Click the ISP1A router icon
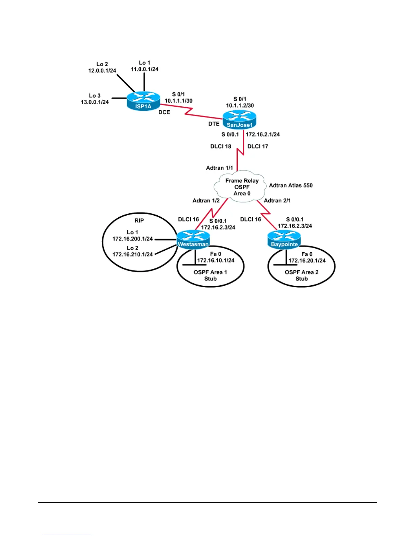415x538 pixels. pyautogui.click(x=143, y=101)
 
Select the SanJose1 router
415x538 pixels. pyautogui.click(x=239, y=120)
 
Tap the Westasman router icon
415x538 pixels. pyautogui.click(x=193, y=239)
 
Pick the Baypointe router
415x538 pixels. pyautogui.click(x=284, y=239)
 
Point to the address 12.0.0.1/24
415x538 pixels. pyautogui.click(x=102, y=71)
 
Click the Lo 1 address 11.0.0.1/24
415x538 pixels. pyautogui.click(x=145, y=69)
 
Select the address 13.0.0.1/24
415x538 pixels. pyautogui.click(x=95, y=102)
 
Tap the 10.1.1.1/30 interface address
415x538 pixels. pyautogui.click(x=178, y=101)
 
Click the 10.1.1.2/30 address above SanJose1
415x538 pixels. pyautogui.click(x=240, y=105)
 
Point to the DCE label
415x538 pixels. pyautogui.click(x=164, y=112)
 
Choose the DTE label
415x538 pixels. pyautogui.click(x=214, y=124)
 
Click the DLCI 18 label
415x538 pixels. pyautogui.click(x=221, y=146)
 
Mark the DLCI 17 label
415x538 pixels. pyautogui.click(x=258, y=146)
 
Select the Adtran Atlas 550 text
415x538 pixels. pyautogui.click(x=291, y=185)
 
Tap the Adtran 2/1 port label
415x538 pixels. pyautogui.click(x=277, y=200)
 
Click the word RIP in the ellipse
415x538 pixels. pyautogui.click(x=139, y=220)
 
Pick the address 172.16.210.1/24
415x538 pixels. pyautogui.click(x=133, y=254)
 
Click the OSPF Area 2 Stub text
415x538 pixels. pyautogui.click(x=301, y=275)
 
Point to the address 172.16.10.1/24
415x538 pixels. pyautogui.click(x=216, y=261)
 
